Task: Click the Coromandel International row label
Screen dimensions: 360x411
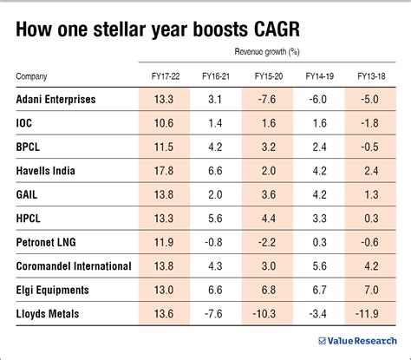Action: click(x=73, y=264)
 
